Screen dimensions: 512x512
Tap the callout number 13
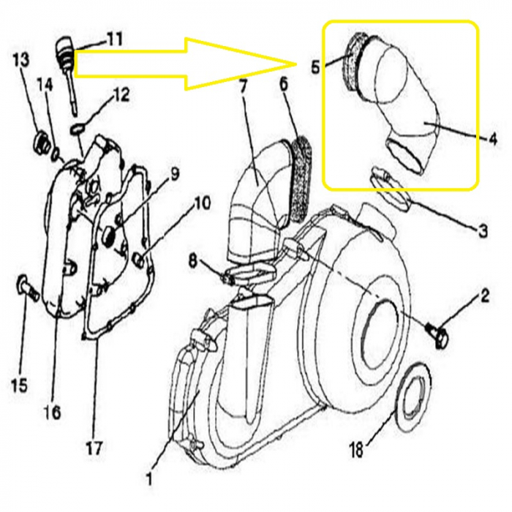point(21,60)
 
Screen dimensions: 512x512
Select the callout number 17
point(94,448)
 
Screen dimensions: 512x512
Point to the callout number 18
point(356,449)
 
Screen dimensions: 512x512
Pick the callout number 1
point(149,480)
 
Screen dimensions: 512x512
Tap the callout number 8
point(193,261)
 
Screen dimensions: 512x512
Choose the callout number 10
point(202,203)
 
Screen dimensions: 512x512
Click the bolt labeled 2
point(437,335)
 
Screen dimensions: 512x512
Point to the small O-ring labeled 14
point(56,153)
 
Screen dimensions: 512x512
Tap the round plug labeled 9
point(108,237)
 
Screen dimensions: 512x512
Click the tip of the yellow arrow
point(295,64)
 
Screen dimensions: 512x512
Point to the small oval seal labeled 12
point(78,129)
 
